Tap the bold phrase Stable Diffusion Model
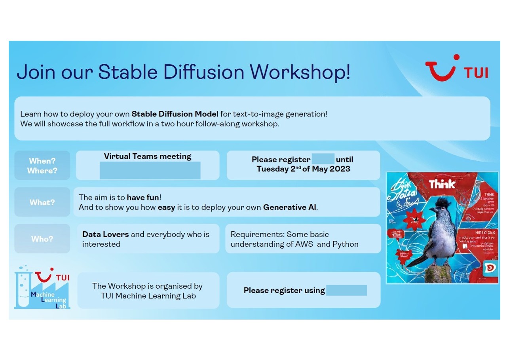[x=175, y=114]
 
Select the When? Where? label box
[x=42, y=166]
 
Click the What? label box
[x=42, y=202]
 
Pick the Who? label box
[x=42, y=239]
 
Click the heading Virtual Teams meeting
[x=148, y=156]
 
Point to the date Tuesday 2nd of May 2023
[x=303, y=169]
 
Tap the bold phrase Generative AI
[x=290, y=207]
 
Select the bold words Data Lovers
[x=105, y=234]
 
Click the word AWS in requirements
[x=304, y=244]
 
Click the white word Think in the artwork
[x=442, y=184]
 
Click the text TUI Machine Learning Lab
[x=148, y=296]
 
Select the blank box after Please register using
[x=346, y=290]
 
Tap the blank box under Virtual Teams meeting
[x=150, y=170]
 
